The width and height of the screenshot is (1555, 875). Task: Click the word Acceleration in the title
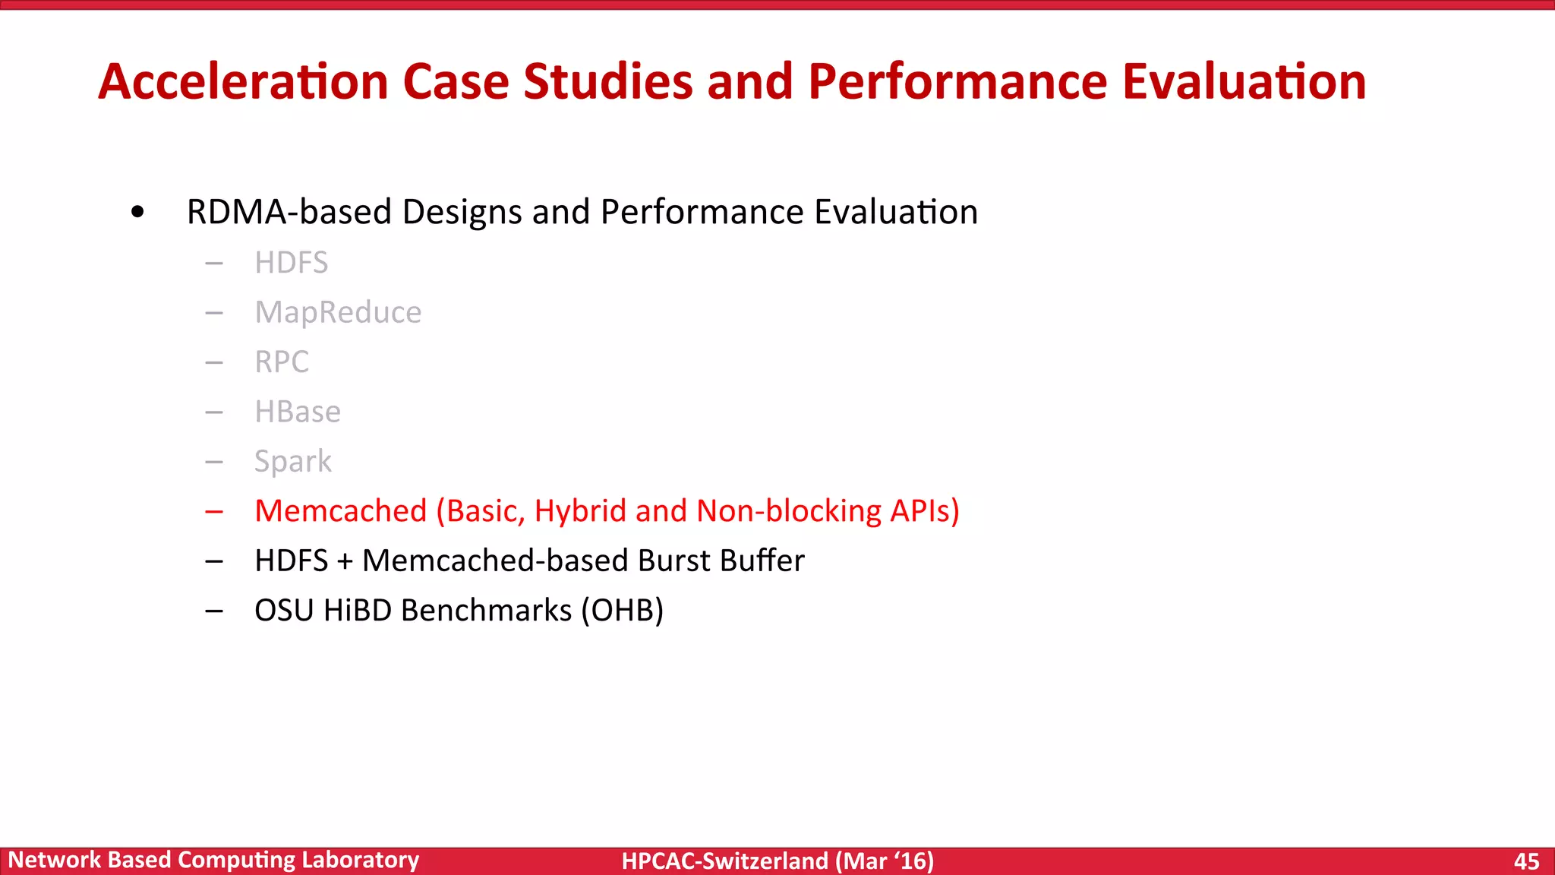[x=243, y=82]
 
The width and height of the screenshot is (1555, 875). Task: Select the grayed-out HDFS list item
[x=291, y=263]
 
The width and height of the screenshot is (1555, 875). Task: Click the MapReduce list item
[x=338, y=312]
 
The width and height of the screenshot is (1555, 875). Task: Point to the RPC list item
[x=282, y=362]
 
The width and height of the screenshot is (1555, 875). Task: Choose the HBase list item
[x=298, y=412]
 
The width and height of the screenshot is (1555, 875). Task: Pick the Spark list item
[x=293, y=462]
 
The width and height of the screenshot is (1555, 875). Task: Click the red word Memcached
[x=341, y=511]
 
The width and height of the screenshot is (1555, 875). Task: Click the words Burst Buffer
[x=721, y=561]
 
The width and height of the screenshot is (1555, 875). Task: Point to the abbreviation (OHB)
[x=623, y=611]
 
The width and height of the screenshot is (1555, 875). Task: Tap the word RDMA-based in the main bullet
[x=289, y=212]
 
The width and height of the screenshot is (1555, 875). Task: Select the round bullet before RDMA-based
[x=137, y=213]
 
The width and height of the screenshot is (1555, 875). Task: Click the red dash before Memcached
[x=214, y=512]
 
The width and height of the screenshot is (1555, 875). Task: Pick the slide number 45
[x=1526, y=861]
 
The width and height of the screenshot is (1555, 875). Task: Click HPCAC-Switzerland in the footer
[x=724, y=861]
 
